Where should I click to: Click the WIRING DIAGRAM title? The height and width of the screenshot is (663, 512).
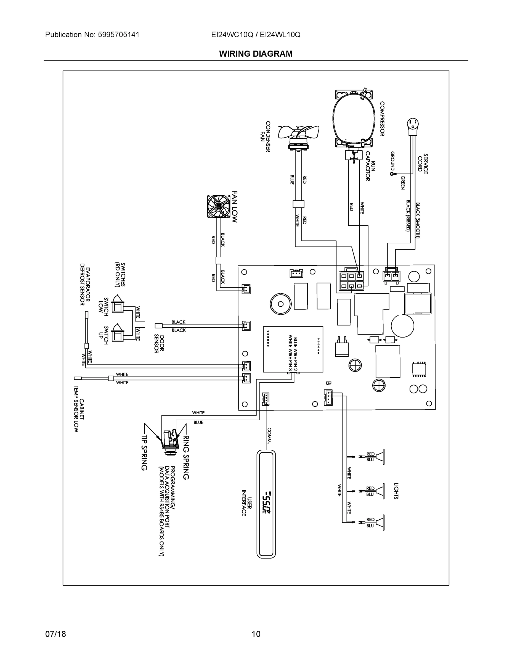pos(256,54)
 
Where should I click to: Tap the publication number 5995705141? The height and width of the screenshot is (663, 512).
pos(119,35)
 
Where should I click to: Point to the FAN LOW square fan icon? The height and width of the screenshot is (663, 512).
pos(219,206)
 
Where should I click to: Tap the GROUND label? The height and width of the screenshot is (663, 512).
pos(392,161)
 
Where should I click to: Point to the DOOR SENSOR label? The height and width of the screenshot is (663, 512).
pos(159,344)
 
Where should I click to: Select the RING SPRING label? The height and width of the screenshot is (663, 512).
pos(186,457)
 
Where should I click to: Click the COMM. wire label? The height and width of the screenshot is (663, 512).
pos(269,435)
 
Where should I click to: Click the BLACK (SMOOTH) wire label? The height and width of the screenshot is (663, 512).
pos(418,220)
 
